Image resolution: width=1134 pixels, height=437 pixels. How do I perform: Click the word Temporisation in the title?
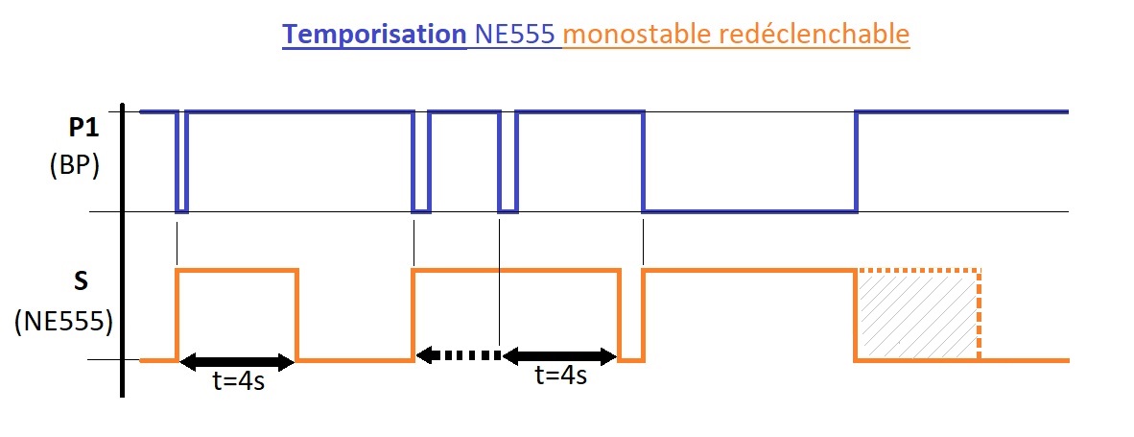372,35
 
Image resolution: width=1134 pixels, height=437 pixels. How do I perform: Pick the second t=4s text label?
560,376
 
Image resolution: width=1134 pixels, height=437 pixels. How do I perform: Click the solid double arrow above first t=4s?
237,361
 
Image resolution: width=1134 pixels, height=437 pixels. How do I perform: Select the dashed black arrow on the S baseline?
458,355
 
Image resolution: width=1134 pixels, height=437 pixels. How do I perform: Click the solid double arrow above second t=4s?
559,355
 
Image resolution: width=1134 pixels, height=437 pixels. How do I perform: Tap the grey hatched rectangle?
916,316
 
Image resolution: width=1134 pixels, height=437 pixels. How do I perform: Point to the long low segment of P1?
748,210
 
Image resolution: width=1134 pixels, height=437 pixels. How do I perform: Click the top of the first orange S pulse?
237,272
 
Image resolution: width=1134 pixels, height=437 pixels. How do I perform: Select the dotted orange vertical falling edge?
979,316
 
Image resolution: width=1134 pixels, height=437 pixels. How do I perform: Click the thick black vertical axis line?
123,250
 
